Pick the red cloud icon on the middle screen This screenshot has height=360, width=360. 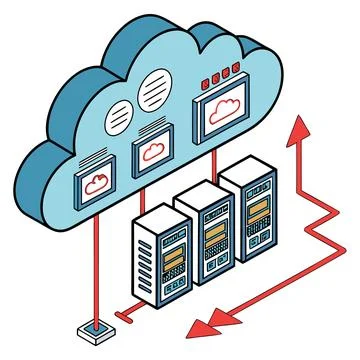coord(153,152)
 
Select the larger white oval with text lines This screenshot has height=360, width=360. coord(154,88)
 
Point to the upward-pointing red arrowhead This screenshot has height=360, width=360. coord(299,127)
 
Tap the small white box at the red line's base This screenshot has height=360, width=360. coord(87,330)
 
